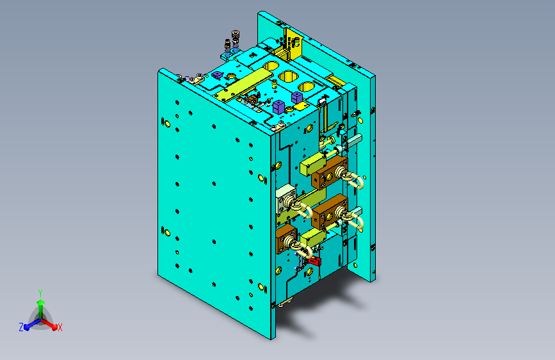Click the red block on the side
[315, 261]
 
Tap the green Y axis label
[40, 293]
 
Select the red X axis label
[60, 327]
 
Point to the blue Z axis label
[21, 327]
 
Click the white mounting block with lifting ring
[286, 199]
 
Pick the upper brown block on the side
[329, 173]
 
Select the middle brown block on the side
[329, 211]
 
